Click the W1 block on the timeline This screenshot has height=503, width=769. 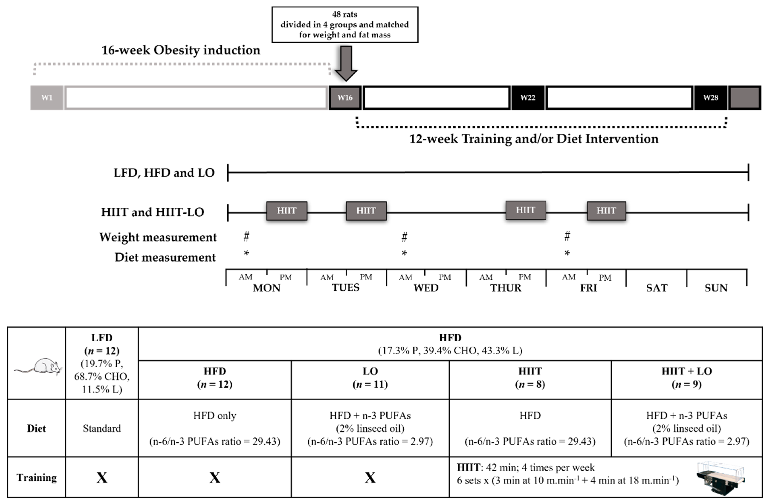(x=47, y=97)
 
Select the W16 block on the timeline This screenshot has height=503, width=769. (x=345, y=97)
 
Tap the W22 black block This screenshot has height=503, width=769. (x=528, y=97)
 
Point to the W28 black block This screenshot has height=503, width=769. (x=711, y=97)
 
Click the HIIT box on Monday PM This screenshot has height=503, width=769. (x=287, y=211)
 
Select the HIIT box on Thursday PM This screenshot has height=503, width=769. (x=525, y=210)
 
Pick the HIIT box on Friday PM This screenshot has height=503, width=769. (x=606, y=211)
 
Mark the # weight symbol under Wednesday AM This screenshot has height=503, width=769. (x=404, y=237)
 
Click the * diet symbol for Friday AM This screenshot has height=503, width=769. (x=567, y=253)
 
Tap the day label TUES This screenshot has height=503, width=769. (x=345, y=287)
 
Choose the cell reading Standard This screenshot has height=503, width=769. (x=102, y=428)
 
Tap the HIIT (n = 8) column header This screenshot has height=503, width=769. (x=530, y=377)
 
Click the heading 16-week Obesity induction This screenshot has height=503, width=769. (x=181, y=50)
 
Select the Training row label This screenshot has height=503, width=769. (x=36, y=477)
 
